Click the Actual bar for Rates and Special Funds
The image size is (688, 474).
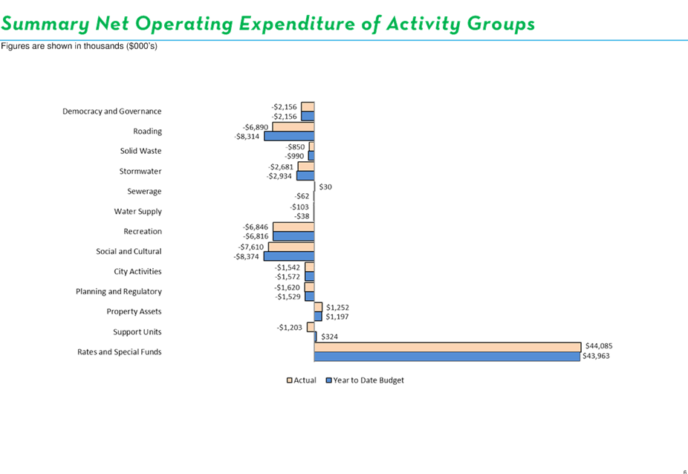pos(447,347)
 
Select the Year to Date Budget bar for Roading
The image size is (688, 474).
pos(289,136)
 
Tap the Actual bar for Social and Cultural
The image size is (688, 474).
pos(291,247)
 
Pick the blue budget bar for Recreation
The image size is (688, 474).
pos(293,236)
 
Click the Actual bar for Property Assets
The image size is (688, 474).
pos(318,307)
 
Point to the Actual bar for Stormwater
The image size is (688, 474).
pos(306,166)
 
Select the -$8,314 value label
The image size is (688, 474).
pos(247,137)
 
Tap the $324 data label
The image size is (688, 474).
pos(330,337)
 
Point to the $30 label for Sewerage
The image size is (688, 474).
pos(325,186)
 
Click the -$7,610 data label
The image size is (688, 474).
pos(251,247)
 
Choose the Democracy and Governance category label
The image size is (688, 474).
pos(112,111)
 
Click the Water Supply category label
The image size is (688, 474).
pos(137,212)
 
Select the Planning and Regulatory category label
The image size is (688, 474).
pos(119,291)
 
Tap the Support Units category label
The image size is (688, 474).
pos(137,332)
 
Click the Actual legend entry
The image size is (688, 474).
pos(302,380)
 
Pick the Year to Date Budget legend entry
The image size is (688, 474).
pos(365,380)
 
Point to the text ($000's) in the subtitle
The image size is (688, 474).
pos(141,46)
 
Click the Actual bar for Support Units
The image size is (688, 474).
pos(311,327)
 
